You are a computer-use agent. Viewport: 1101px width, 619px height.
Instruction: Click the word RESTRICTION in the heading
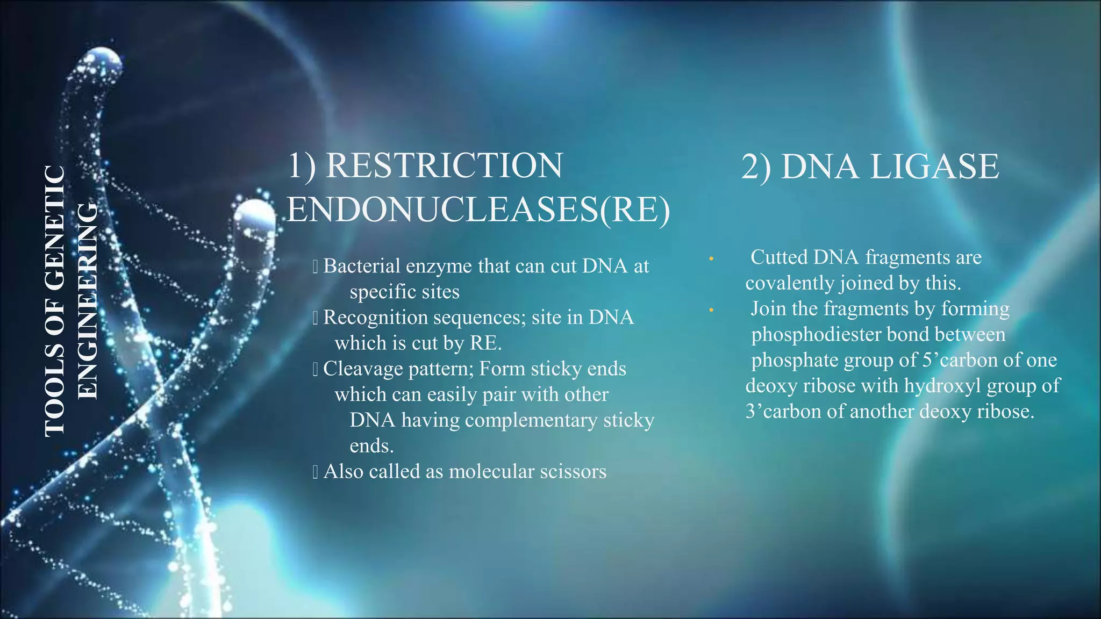444,165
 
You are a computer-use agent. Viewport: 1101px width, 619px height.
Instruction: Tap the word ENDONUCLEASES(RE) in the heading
478,210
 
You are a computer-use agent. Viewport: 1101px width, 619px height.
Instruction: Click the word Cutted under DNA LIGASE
779,257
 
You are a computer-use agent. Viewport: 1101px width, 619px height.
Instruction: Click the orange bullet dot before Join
711,311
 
